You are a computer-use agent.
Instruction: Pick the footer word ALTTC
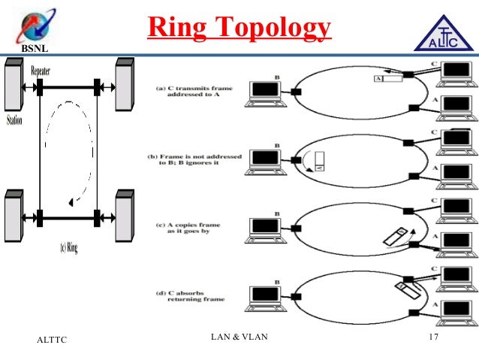(x=52, y=340)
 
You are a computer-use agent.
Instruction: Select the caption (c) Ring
(x=68, y=246)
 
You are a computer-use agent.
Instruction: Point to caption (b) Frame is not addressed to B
(x=194, y=159)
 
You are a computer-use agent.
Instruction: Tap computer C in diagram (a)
(x=456, y=70)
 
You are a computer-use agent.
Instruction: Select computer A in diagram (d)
(x=456, y=310)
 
